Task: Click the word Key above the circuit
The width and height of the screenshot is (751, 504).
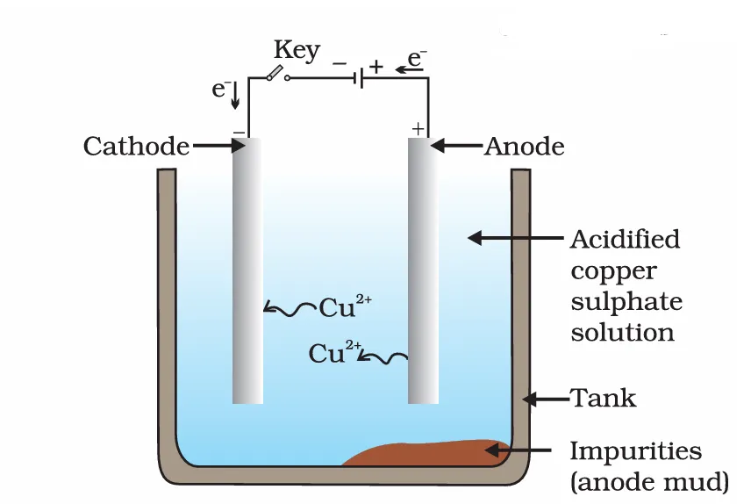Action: pos(297,51)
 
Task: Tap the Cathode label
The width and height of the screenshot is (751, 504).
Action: pos(136,147)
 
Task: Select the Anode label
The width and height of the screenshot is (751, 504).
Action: pos(524,147)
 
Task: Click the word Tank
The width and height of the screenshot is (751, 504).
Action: pos(604,399)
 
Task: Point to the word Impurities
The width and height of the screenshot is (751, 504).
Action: pos(635,451)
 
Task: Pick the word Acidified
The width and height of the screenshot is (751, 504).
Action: pos(625,239)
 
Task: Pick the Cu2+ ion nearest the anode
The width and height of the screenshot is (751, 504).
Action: pos(331,353)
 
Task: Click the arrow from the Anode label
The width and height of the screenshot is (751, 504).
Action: pos(456,146)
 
